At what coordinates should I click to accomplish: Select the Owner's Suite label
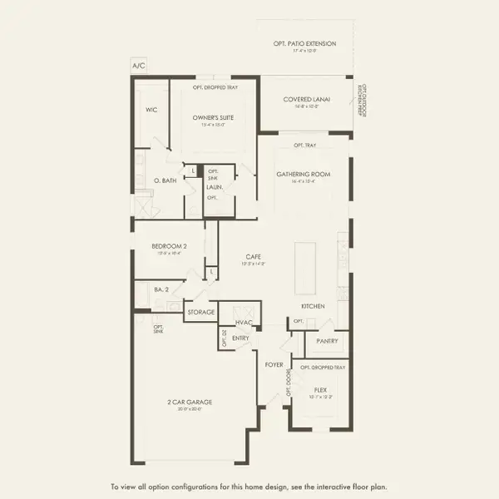coord(213,118)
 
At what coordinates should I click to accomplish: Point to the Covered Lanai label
coord(307,99)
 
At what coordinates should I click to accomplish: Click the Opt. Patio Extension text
coord(304,43)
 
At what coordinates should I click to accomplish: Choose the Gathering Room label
coord(304,174)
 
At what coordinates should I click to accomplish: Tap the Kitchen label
coord(313,306)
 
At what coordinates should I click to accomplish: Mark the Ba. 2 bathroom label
coord(161,289)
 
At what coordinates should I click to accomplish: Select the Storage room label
coord(200,312)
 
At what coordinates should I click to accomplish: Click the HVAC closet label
coord(244,322)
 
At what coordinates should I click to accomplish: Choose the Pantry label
coord(325,340)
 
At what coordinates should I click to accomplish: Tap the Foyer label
coord(274,364)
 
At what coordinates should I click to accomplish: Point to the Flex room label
coord(320,388)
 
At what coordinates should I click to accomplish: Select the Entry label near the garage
coord(241,338)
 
